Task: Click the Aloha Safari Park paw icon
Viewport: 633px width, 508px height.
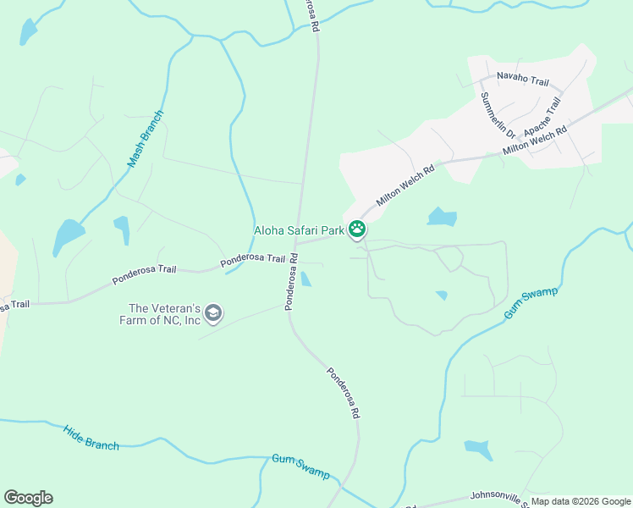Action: pos(358,229)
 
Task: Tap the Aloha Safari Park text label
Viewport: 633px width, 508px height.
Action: pos(299,229)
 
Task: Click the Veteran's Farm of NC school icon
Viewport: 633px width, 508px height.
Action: pos(213,314)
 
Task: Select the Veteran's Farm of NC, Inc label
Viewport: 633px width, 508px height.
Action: pos(164,314)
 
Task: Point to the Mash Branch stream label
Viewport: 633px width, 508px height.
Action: pos(145,138)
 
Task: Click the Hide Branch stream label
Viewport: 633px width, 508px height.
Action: pos(91,437)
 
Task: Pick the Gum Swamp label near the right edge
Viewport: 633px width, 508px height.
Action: pos(531,303)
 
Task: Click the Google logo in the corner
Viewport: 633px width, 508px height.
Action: pos(28,498)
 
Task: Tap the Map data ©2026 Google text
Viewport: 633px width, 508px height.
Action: pos(581,501)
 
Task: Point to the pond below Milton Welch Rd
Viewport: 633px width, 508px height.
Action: pos(442,217)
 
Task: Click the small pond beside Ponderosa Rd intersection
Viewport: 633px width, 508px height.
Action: pos(305,279)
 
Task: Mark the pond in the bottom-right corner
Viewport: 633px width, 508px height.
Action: pos(478,448)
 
